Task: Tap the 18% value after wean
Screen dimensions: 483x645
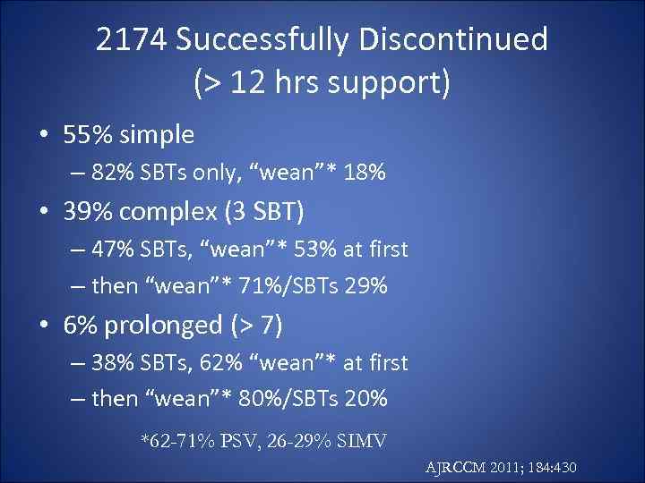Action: (x=365, y=172)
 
